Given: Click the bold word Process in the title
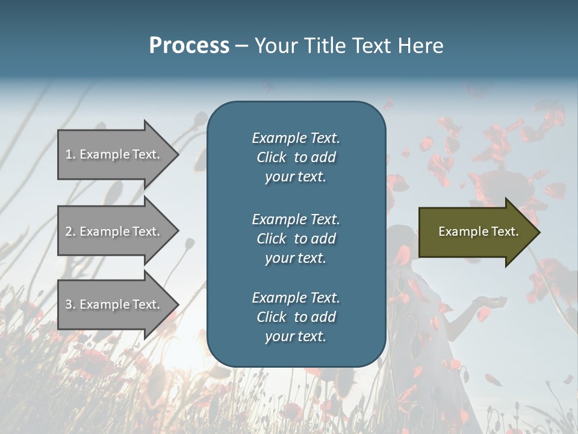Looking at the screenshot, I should [189, 46].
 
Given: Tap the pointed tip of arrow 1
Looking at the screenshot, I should [177, 154].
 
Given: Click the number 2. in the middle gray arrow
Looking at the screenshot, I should [70, 231].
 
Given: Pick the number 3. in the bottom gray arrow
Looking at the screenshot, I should [70, 304].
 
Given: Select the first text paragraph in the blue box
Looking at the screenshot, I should [296, 157].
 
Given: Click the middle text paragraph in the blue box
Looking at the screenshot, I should [296, 239].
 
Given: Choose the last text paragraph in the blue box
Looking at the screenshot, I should [296, 317].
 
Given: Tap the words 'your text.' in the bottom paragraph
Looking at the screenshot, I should [296, 336].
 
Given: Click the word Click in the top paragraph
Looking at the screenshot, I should [272, 157].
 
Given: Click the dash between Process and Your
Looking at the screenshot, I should [241, 46].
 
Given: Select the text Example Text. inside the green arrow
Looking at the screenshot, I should [478, 231].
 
